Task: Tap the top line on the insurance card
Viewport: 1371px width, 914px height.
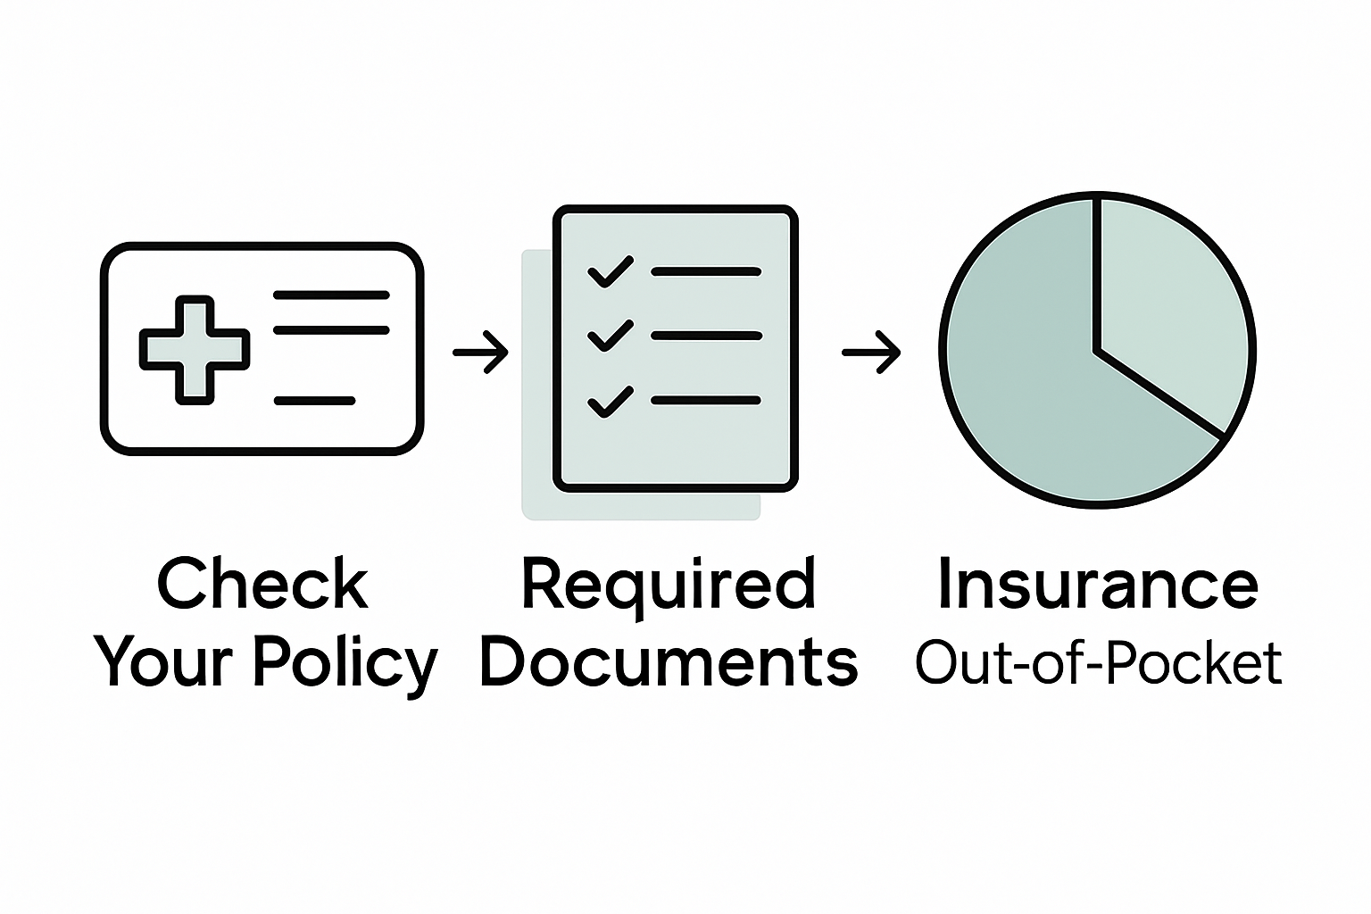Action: tap(331, 295)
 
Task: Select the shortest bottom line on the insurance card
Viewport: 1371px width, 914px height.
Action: tap(314, 401)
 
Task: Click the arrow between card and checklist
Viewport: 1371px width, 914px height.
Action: tap(480, 352)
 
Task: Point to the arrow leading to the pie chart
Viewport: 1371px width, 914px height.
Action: tap(871, 352)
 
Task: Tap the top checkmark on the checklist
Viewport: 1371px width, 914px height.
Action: tap(611, 271)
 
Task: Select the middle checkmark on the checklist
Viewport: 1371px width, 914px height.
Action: tap(611, 336)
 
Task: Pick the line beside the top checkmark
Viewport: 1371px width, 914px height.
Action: tap(706, 270)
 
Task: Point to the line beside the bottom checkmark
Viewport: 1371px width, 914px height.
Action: tap(706, 401)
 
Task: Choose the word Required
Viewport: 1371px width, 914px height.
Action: tap(669, 586)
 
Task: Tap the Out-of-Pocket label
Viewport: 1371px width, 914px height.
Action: tap(1098, 664)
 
